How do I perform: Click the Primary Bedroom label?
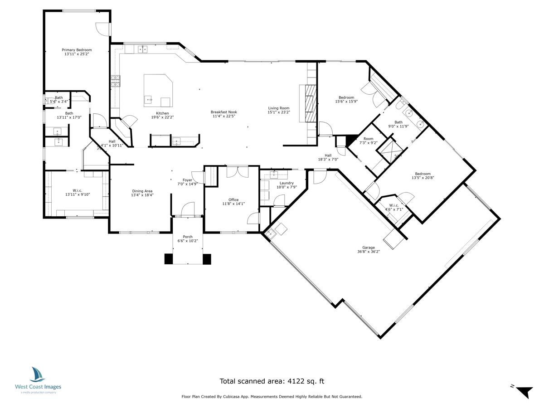coord(77,50)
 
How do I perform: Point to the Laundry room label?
coord(287,183)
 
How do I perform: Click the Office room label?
coord(233,199)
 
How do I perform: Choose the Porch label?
coord(188,237)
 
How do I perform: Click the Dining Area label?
coord(142,191)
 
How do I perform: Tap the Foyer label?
coord(187,180)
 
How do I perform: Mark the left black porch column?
coord(169,259)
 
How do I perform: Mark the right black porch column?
coord(207,259)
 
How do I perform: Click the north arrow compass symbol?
coord(525,391)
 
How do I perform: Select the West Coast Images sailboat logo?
coord(38,374)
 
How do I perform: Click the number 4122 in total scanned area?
coord(297,382)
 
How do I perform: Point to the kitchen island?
coord(158,90)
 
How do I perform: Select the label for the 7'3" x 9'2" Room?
coord(368,139)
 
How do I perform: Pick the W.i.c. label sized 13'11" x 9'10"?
coord(77,190)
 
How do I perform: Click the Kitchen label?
coord(162,113)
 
